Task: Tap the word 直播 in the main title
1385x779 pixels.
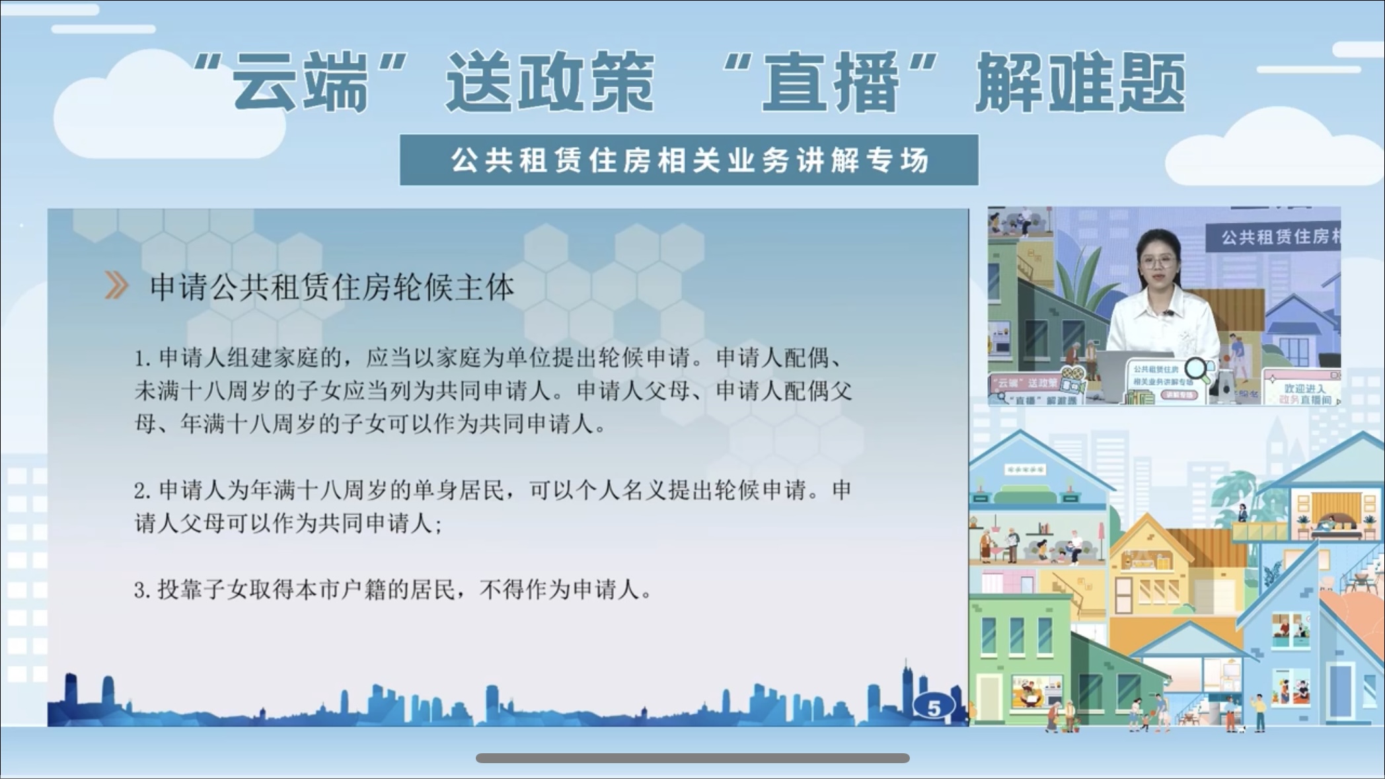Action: [831, 83]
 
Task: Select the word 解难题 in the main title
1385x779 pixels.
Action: [1080, 83]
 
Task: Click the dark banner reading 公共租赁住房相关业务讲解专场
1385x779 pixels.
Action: [689, 160]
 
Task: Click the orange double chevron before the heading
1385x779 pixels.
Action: [116, 286]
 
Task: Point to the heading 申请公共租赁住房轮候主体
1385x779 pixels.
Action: [332, 287]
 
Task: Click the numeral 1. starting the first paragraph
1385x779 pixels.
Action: [143, 359]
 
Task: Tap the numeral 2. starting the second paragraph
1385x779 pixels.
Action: [143, 491]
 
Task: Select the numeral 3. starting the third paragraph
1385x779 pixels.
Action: [143, 590]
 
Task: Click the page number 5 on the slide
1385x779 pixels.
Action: [934, 708]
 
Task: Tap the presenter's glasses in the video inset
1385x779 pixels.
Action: [1158, 262]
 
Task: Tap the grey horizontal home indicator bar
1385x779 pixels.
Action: [692, 758]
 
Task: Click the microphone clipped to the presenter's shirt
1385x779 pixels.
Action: [1168, 313]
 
